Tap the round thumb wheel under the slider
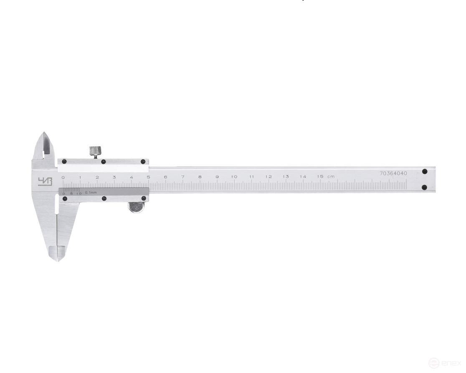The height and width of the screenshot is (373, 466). coord(136,207)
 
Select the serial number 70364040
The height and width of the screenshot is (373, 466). coord(393,173)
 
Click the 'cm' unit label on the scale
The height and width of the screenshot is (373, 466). coord(331,177)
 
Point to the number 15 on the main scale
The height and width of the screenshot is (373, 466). coord(320,177)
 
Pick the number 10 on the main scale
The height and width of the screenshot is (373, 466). coord(234,177)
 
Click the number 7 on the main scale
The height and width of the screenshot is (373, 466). coord(182,177)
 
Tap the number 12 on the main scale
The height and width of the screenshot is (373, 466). coord(268,177)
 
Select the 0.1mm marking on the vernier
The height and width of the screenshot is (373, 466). coord(91,193)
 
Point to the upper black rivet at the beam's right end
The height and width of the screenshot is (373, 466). coord(425,171)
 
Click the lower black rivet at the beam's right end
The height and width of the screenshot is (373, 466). coord(425,188)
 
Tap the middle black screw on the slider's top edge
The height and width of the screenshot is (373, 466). coord(104,162)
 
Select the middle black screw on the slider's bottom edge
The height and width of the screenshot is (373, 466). coord(104,198)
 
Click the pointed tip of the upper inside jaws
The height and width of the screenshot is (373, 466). coord(45,134)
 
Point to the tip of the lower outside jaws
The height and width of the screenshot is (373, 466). coord(58,260)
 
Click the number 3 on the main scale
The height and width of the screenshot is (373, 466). coord(114,177)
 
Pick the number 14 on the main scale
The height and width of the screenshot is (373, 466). coord(303,177)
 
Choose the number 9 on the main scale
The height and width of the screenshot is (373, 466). coord(217,177)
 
